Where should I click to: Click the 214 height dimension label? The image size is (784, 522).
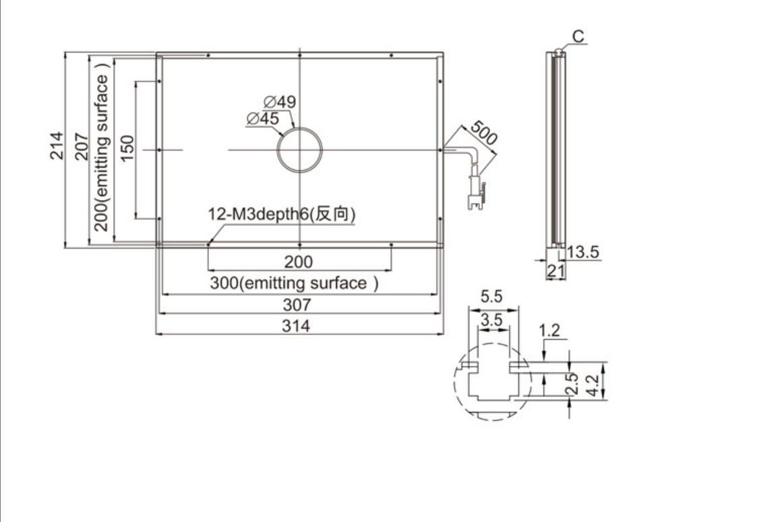[57, 146]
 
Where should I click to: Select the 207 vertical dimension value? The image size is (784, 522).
[82, 146]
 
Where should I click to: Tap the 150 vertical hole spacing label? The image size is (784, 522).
[127, 148]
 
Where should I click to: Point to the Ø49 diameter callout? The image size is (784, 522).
[280, 102]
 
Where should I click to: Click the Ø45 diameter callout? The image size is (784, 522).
[263, 119]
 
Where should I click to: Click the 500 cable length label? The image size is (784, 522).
[483, 132]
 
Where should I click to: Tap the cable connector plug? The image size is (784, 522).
[476, 192]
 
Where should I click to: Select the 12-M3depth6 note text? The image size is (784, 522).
[282, 214]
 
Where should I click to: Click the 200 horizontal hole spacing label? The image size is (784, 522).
[299, 262]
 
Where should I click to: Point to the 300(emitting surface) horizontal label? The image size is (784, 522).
[294, 283]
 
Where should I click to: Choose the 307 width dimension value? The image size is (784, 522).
[297, 304]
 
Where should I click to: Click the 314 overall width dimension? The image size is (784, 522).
[296, 326]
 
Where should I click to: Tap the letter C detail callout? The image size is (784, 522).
[578, 36]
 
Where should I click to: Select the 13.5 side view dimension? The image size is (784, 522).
[583, 252]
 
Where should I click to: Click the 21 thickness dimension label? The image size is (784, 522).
[555, 270]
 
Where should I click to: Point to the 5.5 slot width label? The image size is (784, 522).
[491, 297]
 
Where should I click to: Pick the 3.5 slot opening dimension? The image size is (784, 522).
[491, 320]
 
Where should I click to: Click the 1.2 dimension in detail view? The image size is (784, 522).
[549, 330]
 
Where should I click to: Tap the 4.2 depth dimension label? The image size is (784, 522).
[593, 386]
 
